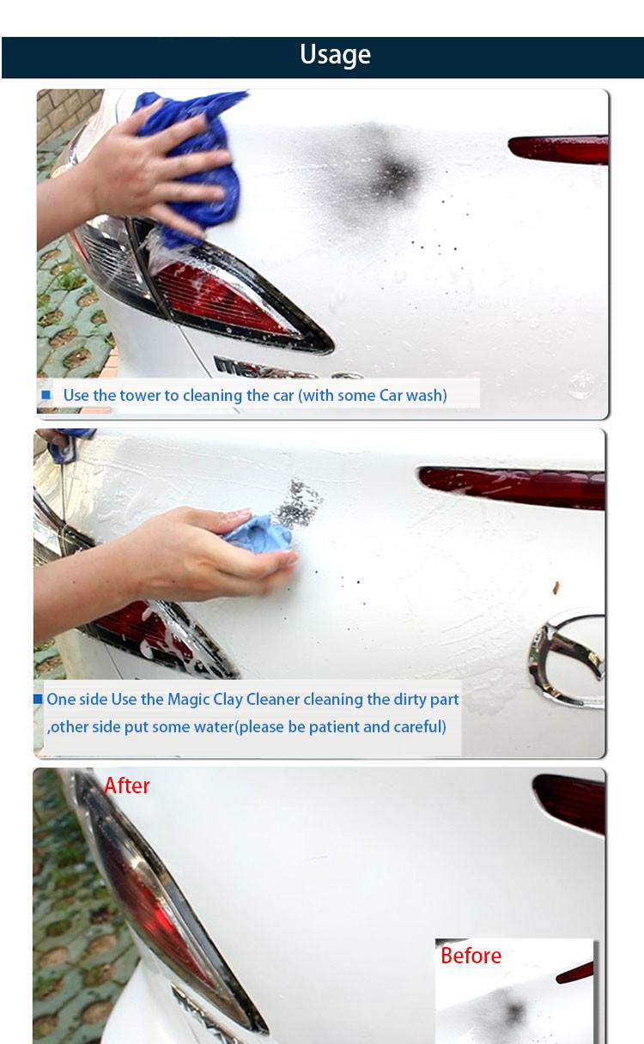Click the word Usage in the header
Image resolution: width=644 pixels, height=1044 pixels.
[x=335, y=55]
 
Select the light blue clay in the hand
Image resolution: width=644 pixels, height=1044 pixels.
[x=259, y=535]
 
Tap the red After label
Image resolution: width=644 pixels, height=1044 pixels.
[x=127, y=786]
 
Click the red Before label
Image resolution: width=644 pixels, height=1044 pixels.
[x=471, y=956]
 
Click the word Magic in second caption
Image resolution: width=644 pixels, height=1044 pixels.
[x=188, y=700]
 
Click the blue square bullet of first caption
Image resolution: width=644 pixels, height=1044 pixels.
[x=46, y=395]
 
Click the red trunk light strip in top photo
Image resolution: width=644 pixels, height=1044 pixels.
[x=559, y=149]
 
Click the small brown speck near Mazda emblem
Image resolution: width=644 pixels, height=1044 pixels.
[x=556, y=587]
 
